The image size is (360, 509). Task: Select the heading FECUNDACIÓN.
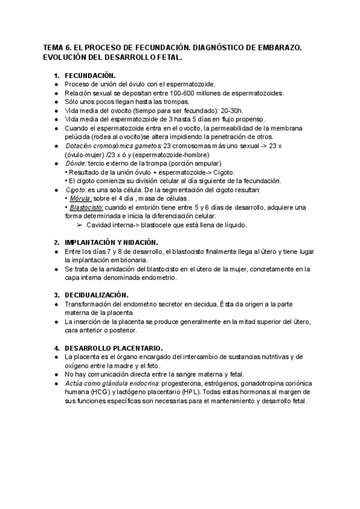click(90, 76)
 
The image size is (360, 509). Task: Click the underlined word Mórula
click(80, 198)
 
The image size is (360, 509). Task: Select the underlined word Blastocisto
click(85, 207)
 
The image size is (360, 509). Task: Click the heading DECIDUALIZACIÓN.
click(97, 295)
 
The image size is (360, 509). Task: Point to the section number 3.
click(56, 295)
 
